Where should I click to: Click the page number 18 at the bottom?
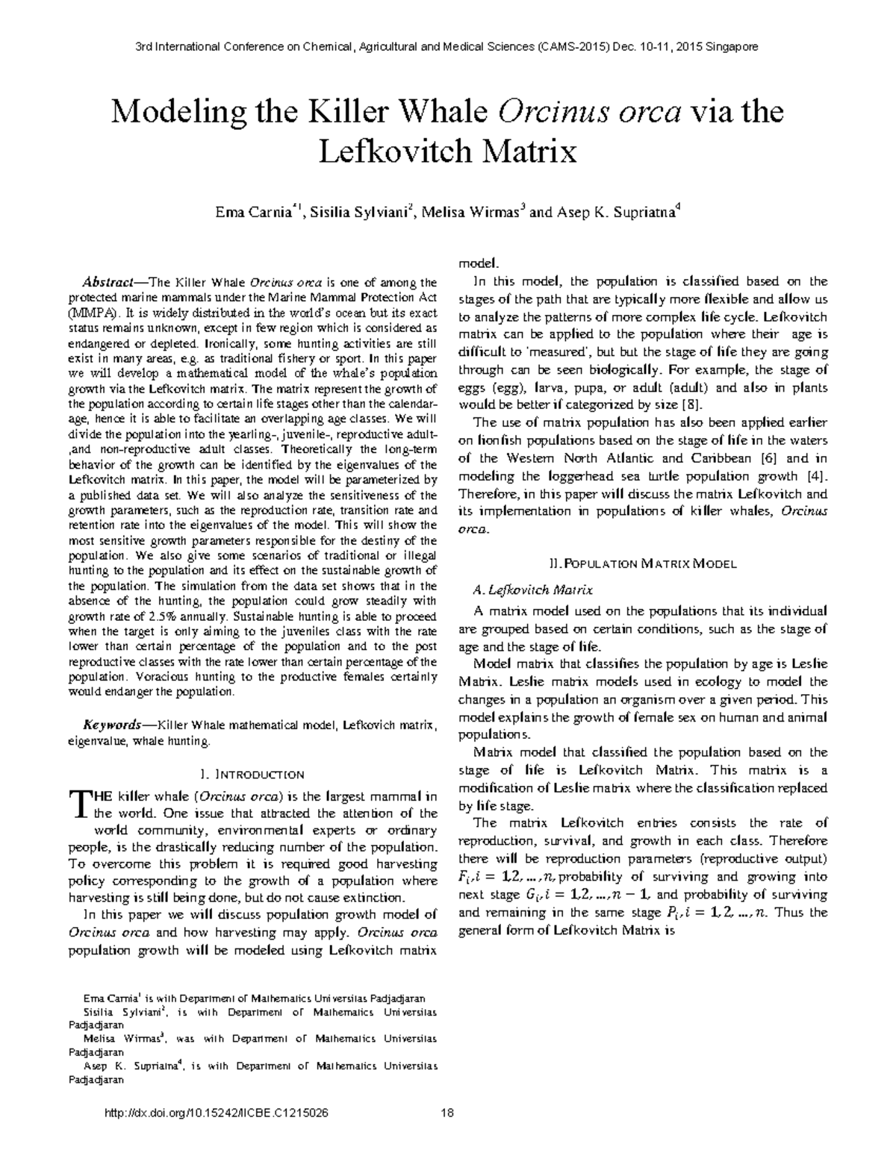click(x=448, y=1113)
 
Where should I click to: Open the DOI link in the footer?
click(x=217, y=1113)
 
